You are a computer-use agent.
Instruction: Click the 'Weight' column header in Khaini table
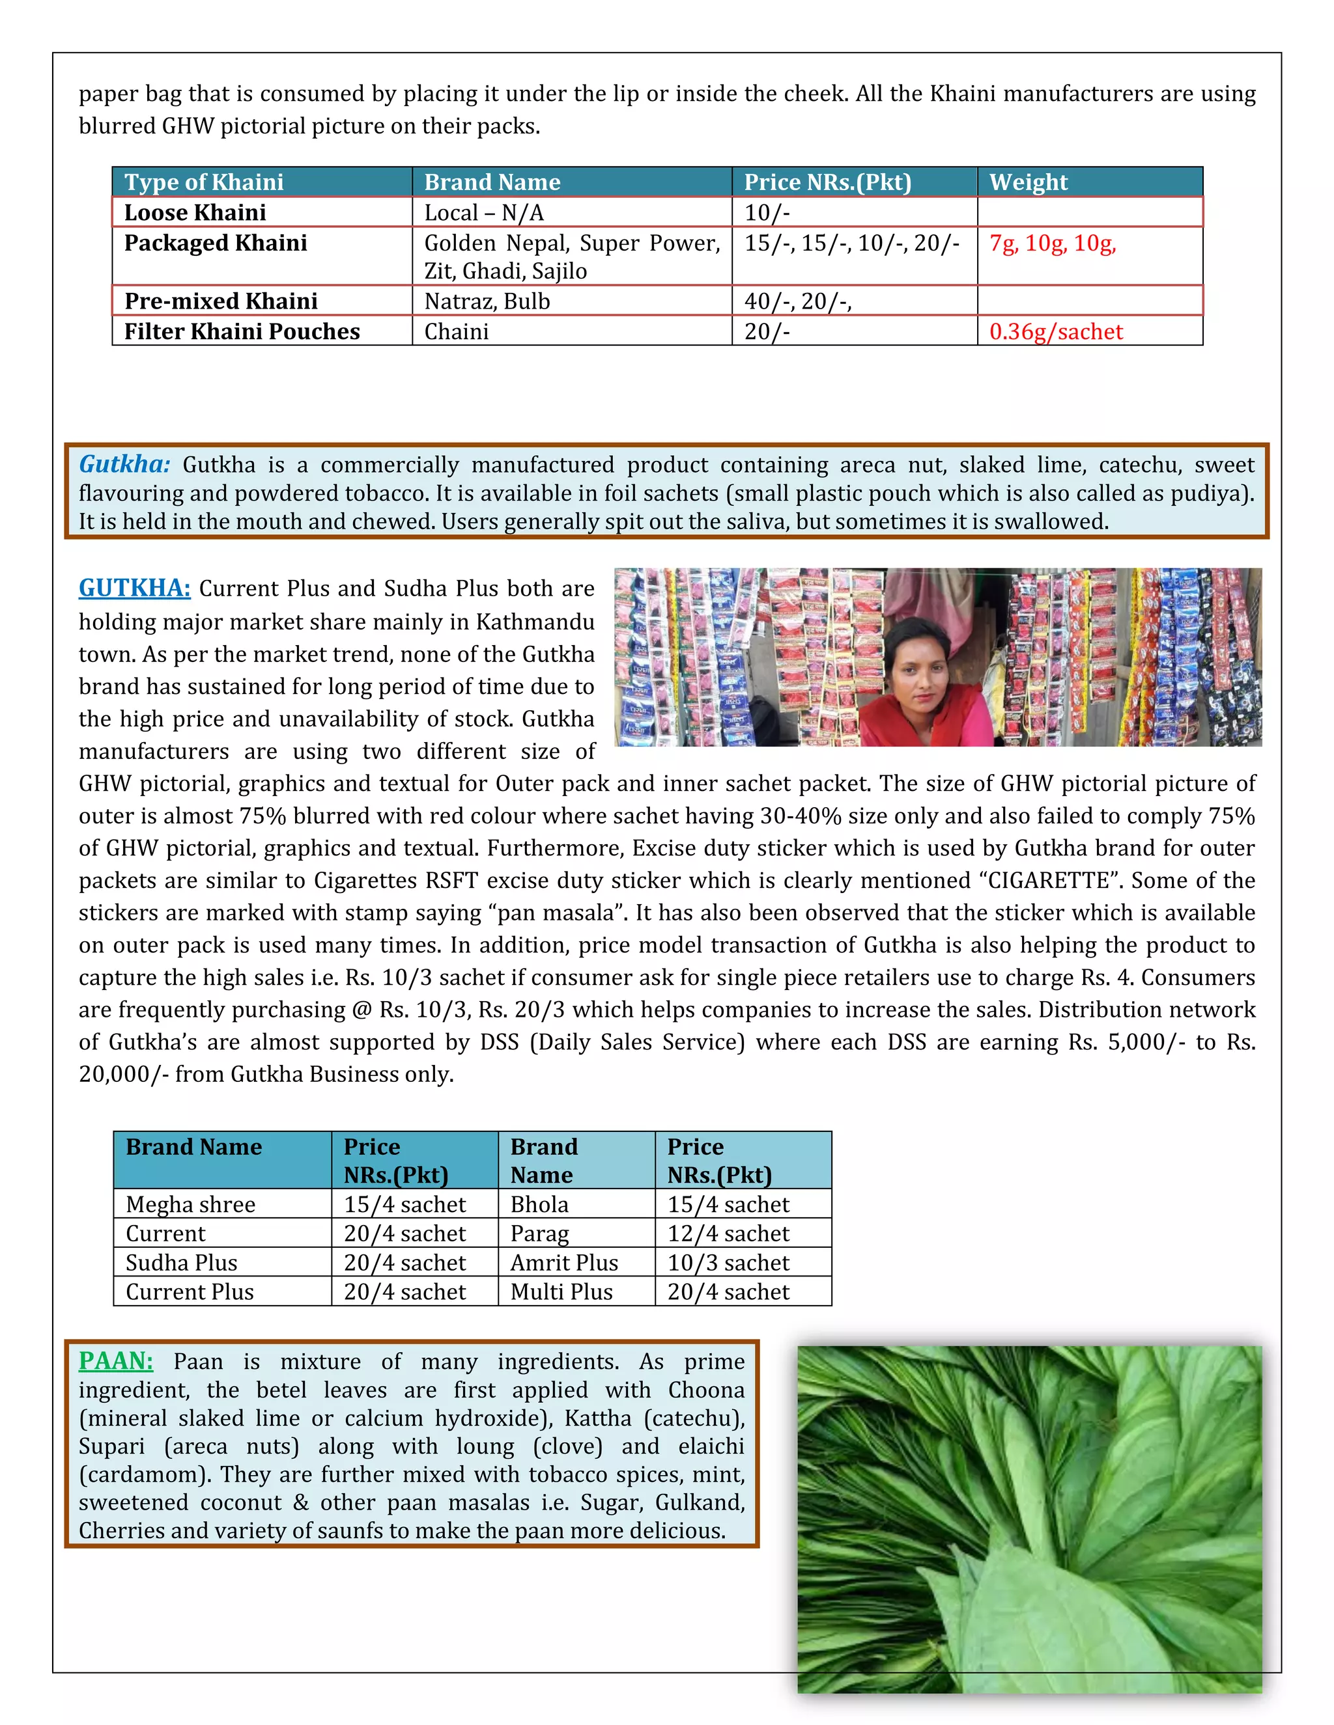[x=1027, y=182]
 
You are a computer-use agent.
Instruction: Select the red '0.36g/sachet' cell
[x=1055, y=332]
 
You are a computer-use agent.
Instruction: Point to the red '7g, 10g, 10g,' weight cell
[x=1052, y=243]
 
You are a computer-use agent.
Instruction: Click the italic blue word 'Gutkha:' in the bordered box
[x=125, y=464]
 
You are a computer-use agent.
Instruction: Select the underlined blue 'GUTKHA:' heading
[x=134, y=588]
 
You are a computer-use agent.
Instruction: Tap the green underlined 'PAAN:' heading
[x=115, y=1361]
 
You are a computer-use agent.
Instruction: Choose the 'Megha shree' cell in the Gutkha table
[x=190, y=1204]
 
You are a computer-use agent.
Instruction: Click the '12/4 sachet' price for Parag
[x=728, y=1234]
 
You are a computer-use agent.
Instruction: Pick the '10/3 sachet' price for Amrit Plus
[x=728, y=1263]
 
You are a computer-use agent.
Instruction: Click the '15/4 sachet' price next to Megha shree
[x=404, y=1204]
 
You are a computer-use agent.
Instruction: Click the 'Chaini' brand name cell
[x=456, y=332]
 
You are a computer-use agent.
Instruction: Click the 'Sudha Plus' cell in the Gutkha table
[x=181, y=1263]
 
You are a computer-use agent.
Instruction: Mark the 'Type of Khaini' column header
[x=204, y=182]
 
